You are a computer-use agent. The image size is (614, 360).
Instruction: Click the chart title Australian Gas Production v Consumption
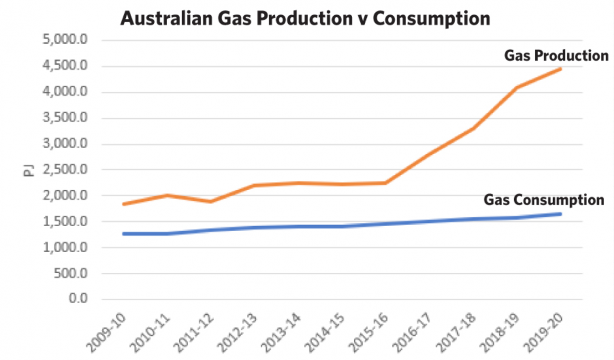click(x=305, y=19)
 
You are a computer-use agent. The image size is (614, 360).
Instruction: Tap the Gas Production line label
click(x=556, y=55)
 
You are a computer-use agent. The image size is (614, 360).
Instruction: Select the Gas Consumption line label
click(x=543, y=200)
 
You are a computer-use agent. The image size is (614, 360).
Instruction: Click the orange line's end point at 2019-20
click(x=560, y=68)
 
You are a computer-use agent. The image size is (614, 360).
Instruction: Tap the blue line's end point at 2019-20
click(x=560, y=213)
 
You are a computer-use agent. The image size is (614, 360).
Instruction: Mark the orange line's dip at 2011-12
click(x=211, y=201)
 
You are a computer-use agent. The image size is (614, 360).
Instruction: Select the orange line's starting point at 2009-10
click(x=124, y=204)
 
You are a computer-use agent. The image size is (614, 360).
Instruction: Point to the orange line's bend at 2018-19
click(x=517, y=87)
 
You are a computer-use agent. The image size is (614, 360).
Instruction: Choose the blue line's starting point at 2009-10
click(x=124, y=234)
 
